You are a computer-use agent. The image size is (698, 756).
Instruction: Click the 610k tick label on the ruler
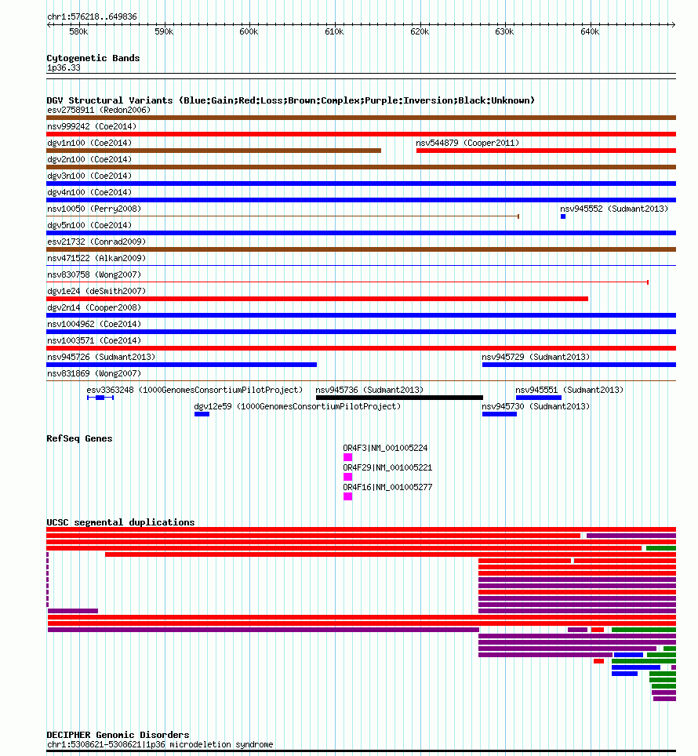click(x=334, y=32)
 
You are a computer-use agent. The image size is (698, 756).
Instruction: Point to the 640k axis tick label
click(x=590, y=32)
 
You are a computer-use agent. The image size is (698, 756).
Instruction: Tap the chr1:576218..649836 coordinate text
click(x=92, y=17)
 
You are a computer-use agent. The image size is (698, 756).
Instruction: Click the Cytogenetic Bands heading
click(x=93, y=58)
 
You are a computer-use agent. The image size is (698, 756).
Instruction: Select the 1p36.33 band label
click(x=64, y=68)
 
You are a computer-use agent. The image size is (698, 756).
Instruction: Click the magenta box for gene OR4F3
click(x=347, y=457)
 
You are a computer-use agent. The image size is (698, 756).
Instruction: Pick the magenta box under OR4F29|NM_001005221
click(x=347, y=477)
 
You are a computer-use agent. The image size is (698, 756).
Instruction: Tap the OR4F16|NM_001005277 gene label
click(x=387, y=488)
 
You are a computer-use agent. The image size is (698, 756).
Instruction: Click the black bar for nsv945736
click(x=400, y=398)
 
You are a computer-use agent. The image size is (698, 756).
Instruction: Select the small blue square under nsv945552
click(x=563, y=216)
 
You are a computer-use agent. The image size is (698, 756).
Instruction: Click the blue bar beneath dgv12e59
click(x=202, y=414)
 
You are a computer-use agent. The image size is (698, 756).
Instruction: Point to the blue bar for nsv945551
click(x=539, y=398)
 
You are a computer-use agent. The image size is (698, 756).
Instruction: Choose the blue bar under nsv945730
click(x=500, y=414)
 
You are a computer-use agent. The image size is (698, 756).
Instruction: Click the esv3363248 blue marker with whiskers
click(x=100, y=398)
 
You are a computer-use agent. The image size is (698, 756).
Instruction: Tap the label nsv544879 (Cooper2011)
click(x=467, y=144)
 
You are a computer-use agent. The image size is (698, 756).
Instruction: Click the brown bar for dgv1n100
click(x=213, y=151)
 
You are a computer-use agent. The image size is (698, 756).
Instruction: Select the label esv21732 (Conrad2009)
click(x=96, y=242)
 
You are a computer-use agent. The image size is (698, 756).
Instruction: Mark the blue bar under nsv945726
click(x=181, y=365)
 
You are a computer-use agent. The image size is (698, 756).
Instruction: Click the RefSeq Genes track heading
click(x=79, y=438)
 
